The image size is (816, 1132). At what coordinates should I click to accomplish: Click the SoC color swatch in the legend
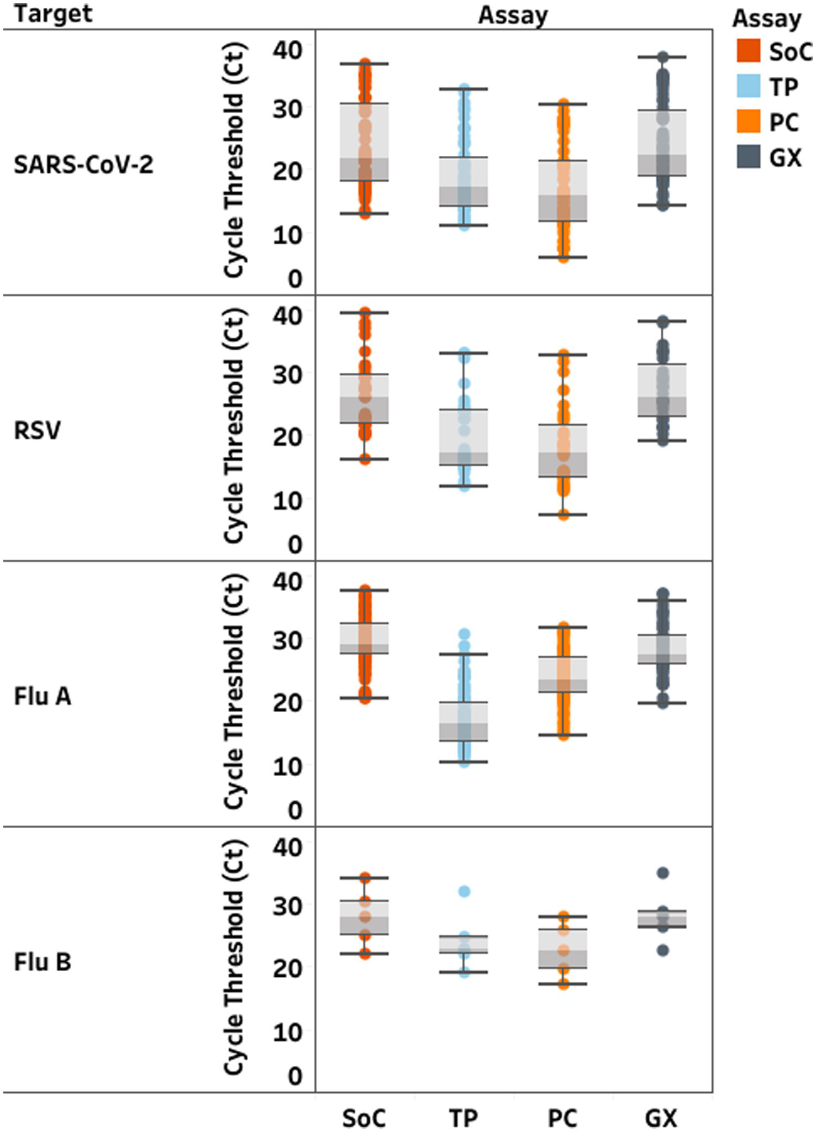point(749,51)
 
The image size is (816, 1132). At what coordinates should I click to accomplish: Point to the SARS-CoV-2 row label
point(83,165)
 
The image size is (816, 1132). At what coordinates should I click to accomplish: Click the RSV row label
point(37,430)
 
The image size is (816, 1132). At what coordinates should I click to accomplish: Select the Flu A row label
point(43,696)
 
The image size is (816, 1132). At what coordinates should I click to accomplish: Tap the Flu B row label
point(43,962)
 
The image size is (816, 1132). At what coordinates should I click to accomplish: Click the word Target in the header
point(53,14)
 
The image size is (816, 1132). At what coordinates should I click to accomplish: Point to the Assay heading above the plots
point(513,15)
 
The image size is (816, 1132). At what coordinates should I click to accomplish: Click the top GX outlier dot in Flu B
point(662,873)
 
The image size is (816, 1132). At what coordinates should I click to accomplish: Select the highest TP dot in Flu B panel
point(464,891)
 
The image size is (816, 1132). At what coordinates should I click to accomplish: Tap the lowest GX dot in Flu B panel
point(662,950)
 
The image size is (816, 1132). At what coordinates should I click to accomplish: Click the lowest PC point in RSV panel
point(563,515)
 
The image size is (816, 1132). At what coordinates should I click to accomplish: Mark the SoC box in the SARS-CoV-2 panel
point(365,141)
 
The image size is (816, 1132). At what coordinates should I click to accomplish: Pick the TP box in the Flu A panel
point(464,721)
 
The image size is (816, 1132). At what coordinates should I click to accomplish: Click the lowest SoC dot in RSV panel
point(365,459)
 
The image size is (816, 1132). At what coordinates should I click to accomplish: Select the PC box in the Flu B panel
point(563,948)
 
